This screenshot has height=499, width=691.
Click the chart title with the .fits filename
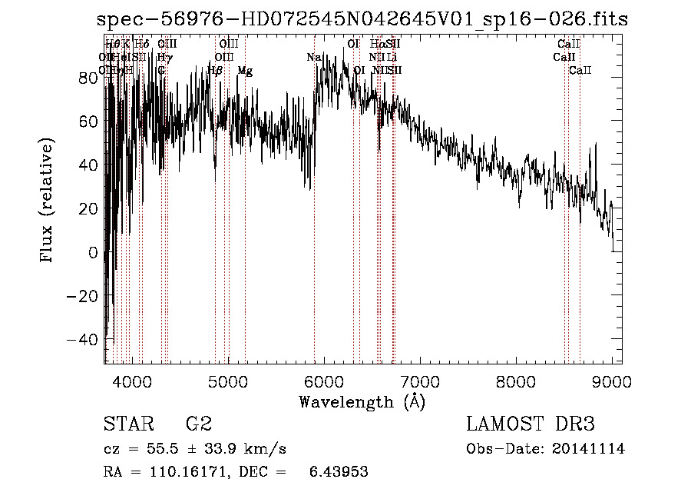click(x=358, y=20)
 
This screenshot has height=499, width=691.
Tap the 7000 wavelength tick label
click(x=421, y=381)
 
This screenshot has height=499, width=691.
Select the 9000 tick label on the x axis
click(x=613, y=381)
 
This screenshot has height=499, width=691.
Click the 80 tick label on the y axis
click(x=89, y=77)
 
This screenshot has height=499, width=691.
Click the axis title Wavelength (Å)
click(x=362, y=401)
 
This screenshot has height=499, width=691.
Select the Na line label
click(x=313, y=58)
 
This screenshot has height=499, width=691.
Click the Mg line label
click(x=245, y=71)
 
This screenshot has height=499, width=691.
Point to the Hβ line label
click(x=215, y=71)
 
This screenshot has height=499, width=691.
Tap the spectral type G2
click(x=199, y=424)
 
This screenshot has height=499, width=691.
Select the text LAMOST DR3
click(x=531, y=424)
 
